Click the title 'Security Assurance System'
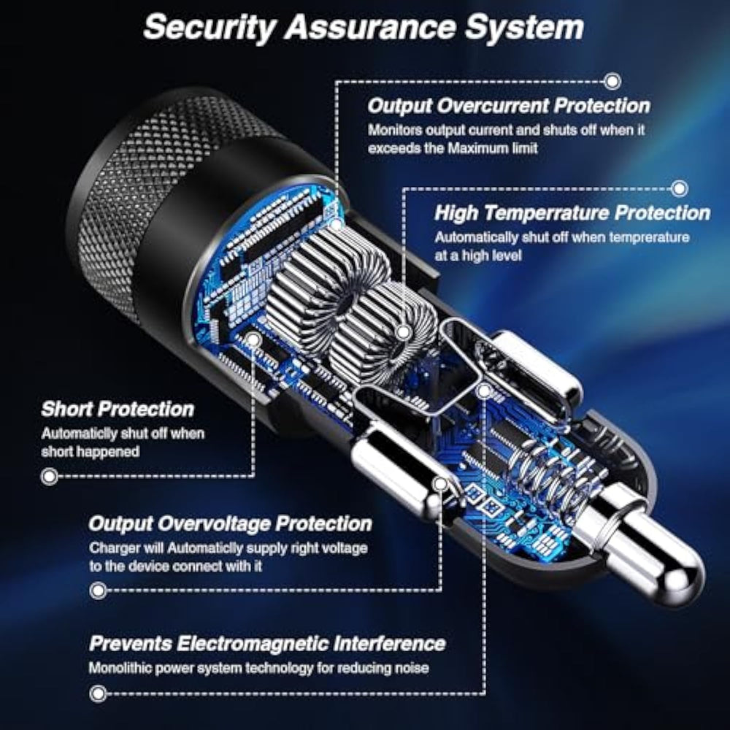coord(364,28)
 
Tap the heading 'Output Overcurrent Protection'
coord(509,106)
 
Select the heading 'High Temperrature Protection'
coord(572,212)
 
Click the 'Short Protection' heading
coord(118,410)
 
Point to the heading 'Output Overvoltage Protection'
coord(231,523)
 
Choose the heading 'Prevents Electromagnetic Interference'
coord(267,643)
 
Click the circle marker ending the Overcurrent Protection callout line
coord(612,81)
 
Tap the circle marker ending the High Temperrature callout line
coord(680,188)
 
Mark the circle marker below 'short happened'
coord(50,476)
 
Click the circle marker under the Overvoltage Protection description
coord(98,591)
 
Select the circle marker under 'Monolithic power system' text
coord(98,693)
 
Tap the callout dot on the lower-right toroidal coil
coord(404,332)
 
